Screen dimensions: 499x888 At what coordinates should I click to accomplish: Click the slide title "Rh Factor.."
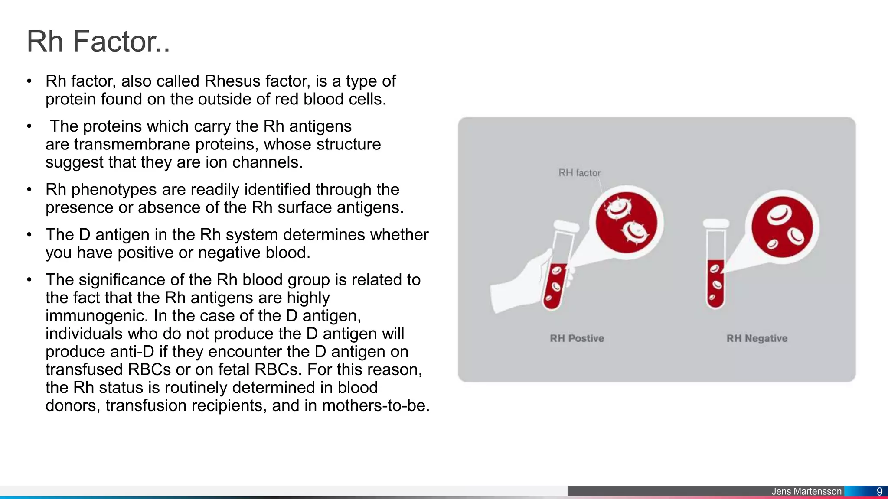click(98, 42)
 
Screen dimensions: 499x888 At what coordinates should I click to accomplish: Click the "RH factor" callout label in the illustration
click(579, 173)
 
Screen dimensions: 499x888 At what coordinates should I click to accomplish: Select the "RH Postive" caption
click(577, 338)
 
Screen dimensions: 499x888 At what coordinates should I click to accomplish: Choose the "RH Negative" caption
click(757, 338)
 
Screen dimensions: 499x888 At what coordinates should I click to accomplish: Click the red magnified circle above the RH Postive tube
click(626, 222)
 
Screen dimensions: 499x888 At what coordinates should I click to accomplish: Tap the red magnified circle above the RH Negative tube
click(782, 227)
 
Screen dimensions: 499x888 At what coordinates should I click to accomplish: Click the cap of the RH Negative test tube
click(716, 224)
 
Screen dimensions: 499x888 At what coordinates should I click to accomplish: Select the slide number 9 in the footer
click(879, 491)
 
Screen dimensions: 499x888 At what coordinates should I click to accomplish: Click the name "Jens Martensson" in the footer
click(806, 491)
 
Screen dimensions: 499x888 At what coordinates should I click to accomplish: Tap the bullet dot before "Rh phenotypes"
click(29, 190)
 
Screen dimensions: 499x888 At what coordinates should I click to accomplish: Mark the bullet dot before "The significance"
click(29, 280)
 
